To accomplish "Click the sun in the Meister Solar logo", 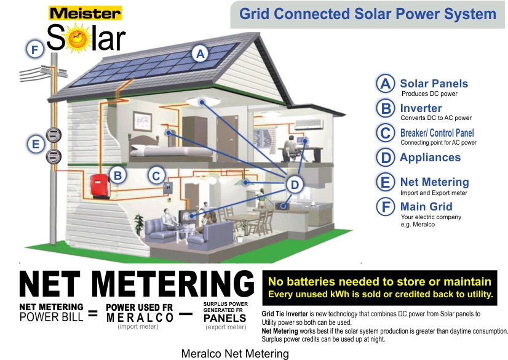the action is [x=77, y=38].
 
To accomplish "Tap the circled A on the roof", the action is [x=200, y=54].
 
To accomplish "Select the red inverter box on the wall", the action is [x=100, y=186].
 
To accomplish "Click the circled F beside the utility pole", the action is [x=35, y=49].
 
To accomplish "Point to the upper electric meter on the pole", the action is [x=54, y=135].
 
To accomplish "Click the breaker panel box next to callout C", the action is [x=167, y=188].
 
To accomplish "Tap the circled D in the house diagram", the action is [x=295, y=185].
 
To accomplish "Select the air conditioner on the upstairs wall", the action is [x=309, y=124].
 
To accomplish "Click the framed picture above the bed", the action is [x=142, y=121].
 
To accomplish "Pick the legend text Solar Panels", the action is [x=434, y=84].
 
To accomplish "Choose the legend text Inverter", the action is [x=421, y=108].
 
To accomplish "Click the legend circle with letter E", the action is [x=385, y=182].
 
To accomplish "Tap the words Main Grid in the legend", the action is [x=426, y=207].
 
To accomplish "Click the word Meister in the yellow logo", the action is [x=85, y=14].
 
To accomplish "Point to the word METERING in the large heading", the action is [x=173, y=284].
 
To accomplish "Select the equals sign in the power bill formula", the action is [x=93, y=313].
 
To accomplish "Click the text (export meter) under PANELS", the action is [x=226, y=327].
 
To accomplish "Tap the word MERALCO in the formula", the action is [x=140, y=318].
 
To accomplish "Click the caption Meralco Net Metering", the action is [x=235, y=353].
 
